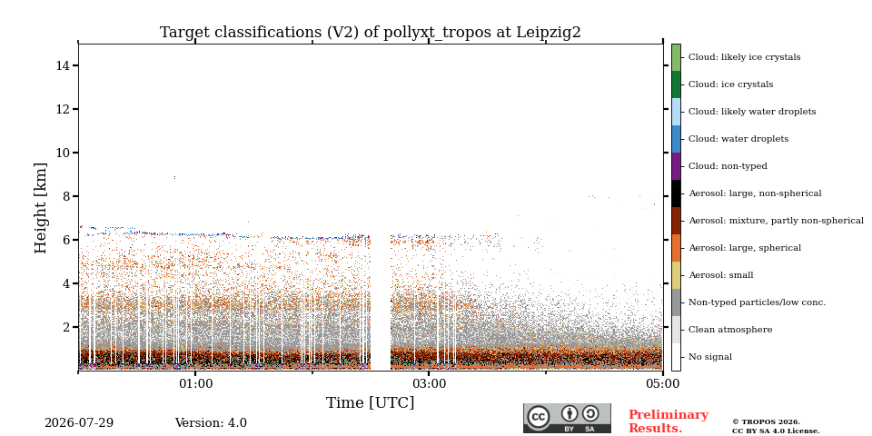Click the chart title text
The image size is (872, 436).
click(x=371, y=33)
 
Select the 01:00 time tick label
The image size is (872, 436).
click(x=195, y=384)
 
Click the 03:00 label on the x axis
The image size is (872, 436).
click(x=429, y=384)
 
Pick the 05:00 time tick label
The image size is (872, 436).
click(x=662, y=384)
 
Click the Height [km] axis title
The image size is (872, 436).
click(x=41, y=208)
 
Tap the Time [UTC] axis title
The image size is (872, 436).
click(x=371, y=402)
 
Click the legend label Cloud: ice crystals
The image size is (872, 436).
click(x=730, y=84)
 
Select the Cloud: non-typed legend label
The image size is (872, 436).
click(x=728, y=166)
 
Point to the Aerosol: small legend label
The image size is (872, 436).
click(x=721, y=275)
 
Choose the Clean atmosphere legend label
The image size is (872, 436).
click(x=730, y=330)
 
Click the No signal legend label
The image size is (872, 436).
click(x=710, y=357)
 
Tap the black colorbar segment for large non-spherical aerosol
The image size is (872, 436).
click(x=676, y=193)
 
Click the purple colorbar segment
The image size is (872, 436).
click(x=676, y=166)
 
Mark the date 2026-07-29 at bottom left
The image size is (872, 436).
click(x=79, y=423)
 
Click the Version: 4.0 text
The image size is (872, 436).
click(x=211, y=423)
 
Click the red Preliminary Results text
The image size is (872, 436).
click(x=669, y=421)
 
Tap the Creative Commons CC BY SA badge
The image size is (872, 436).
click(x=567, y=418)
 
